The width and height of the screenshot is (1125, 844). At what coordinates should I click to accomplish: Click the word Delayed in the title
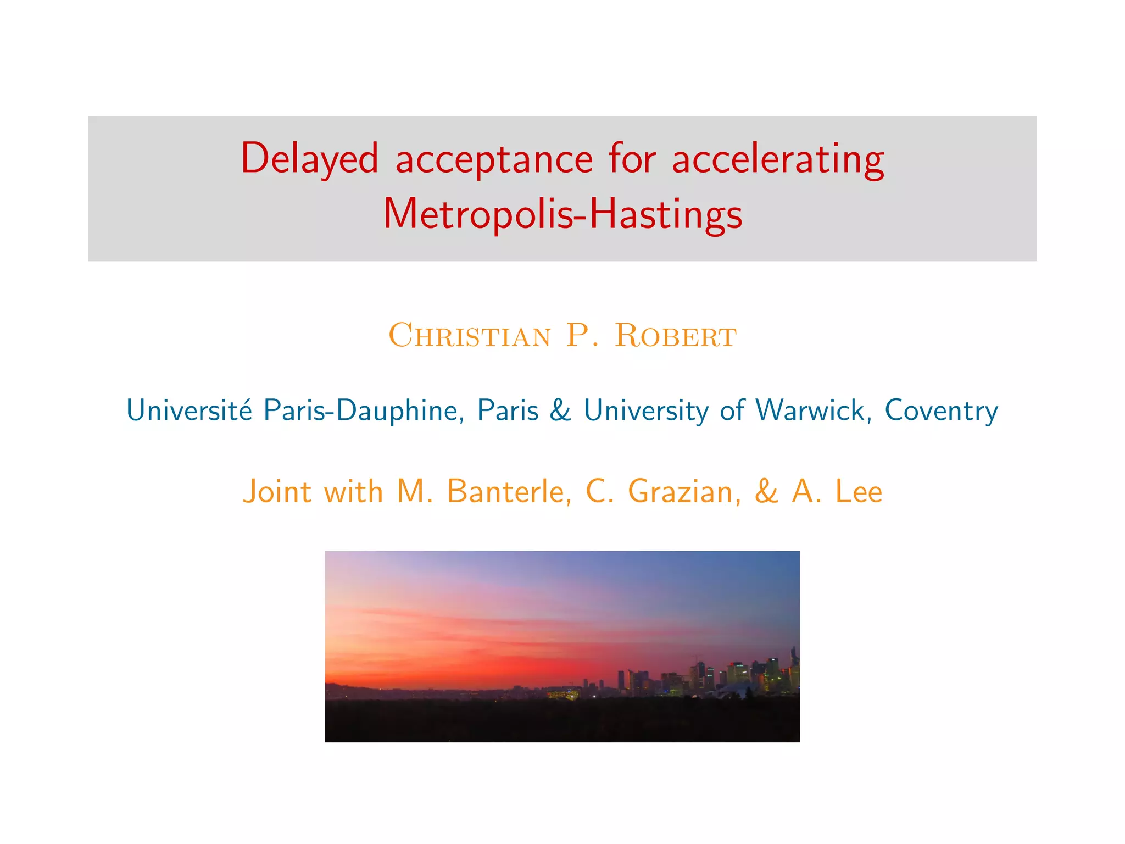pos(309,159)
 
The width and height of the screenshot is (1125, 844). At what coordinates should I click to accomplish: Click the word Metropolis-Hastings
pos(562,214)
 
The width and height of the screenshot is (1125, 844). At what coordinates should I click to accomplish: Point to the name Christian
pos(469,335)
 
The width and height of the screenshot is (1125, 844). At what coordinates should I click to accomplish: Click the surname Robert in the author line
pos(675,335)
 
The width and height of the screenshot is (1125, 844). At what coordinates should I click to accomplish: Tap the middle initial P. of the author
pos(582,335)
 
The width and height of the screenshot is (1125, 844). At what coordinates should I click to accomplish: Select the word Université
pos(190,410)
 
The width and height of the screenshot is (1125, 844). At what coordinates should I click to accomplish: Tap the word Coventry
pos(941,411)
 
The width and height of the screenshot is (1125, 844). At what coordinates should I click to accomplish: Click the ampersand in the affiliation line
pos(560,410)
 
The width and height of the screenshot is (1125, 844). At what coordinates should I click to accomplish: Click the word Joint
pos(277,491)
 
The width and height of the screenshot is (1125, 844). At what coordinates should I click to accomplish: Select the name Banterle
pos(509,491)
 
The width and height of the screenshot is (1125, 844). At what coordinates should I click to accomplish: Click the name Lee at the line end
pos(859,491)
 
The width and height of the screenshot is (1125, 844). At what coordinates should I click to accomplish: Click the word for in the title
pos(632,159)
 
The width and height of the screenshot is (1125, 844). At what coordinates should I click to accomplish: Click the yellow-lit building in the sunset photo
pos(563,695)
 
